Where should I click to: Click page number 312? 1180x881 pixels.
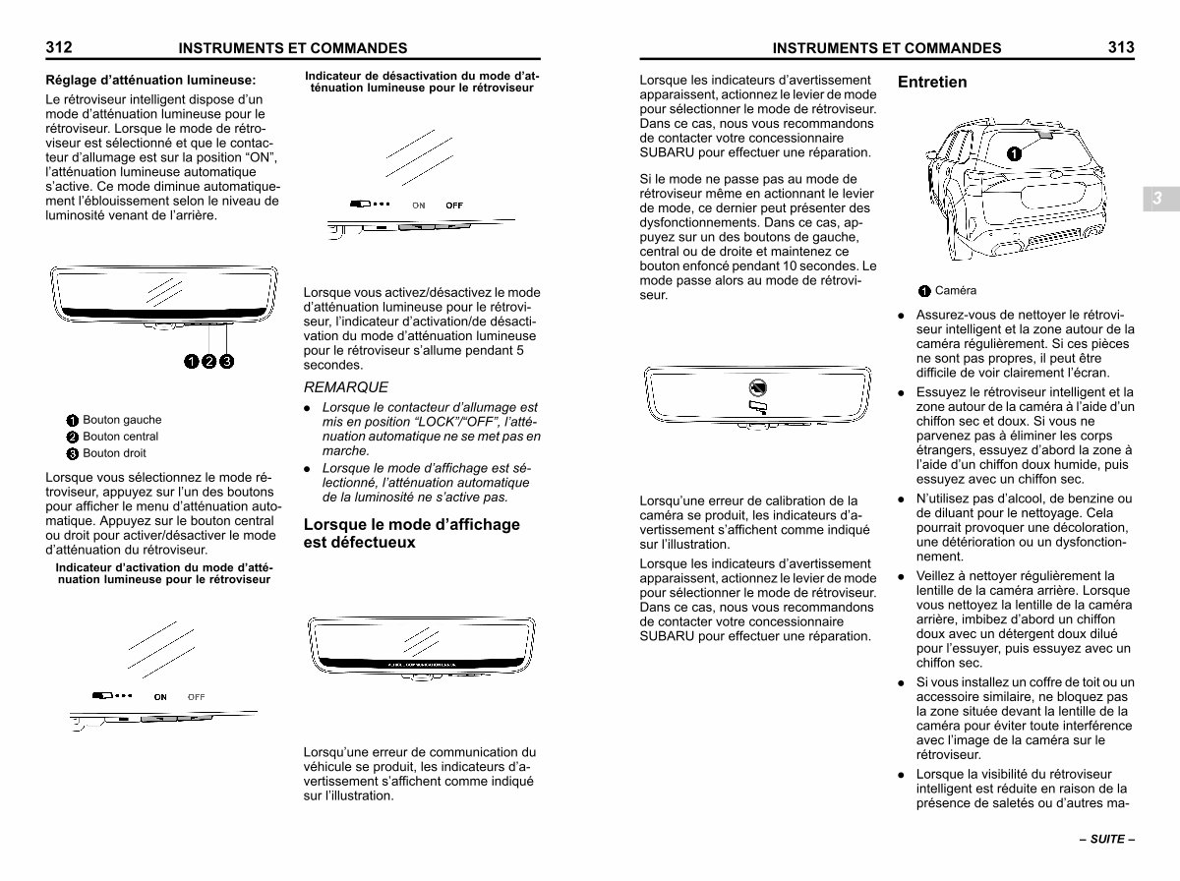59,47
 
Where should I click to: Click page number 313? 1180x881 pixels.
1121,47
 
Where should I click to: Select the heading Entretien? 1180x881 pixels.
932,82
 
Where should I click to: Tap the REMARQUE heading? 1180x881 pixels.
346,387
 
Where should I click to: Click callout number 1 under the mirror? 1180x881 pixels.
192,361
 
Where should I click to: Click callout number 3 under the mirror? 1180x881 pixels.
227,361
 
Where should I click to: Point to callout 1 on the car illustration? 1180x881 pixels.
1014,154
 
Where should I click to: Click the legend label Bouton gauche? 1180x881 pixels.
122,420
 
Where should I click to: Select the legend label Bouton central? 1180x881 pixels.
120,437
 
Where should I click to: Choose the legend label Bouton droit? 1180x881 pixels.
114,453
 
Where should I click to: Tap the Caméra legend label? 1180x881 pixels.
955,290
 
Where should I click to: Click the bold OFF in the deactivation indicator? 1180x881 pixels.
454,206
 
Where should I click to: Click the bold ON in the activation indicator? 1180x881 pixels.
160,697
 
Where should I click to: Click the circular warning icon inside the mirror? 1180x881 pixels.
757,387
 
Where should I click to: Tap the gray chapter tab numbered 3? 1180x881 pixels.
1161,199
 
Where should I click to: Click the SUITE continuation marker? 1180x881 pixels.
1107,839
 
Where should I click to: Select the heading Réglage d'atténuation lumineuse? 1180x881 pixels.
150,80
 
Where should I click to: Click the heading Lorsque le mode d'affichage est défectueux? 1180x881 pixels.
411,533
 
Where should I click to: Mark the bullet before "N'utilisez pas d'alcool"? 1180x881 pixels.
901,499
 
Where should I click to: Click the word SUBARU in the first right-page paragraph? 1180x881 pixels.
667,152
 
